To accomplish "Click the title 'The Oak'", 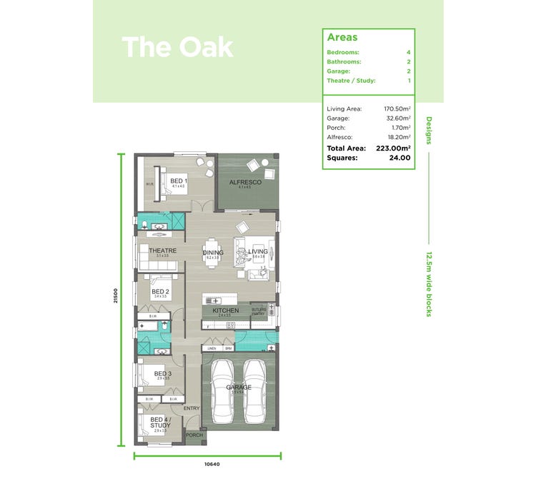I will (177, 47).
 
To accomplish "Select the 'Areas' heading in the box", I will (342, 37).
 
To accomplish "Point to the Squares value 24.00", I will (399, 158).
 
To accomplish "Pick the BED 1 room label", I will (178, 181).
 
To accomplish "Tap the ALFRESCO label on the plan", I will (245, 183).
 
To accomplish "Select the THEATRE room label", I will (162, 250).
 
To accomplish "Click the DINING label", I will (213, 253).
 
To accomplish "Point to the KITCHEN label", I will (225, 311).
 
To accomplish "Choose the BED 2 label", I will (160, 292).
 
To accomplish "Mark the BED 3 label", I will (162, 373).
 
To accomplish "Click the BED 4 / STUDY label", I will (160, 422).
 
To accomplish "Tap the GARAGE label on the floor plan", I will (239, 388).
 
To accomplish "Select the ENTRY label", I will (192, 408).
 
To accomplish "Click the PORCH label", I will (194, 435).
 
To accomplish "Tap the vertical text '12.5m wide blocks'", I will (429, 283).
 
